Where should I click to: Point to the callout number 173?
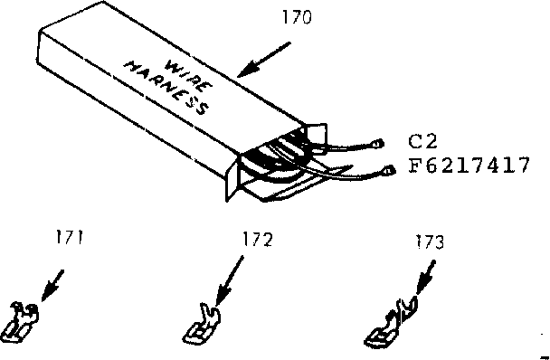pos(430,242)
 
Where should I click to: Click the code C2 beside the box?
pos(423,142)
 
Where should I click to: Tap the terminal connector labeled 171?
pos(22,321)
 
